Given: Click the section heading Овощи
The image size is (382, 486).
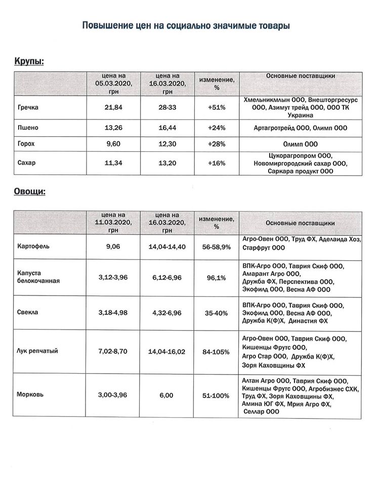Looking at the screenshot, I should point(29,192).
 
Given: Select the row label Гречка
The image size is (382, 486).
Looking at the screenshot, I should point(28,108).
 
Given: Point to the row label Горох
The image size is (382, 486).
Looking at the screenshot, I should point(26,144).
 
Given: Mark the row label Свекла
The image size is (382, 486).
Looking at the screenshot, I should point(27,312).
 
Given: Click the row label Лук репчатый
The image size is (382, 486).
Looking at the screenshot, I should point(37,350).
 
